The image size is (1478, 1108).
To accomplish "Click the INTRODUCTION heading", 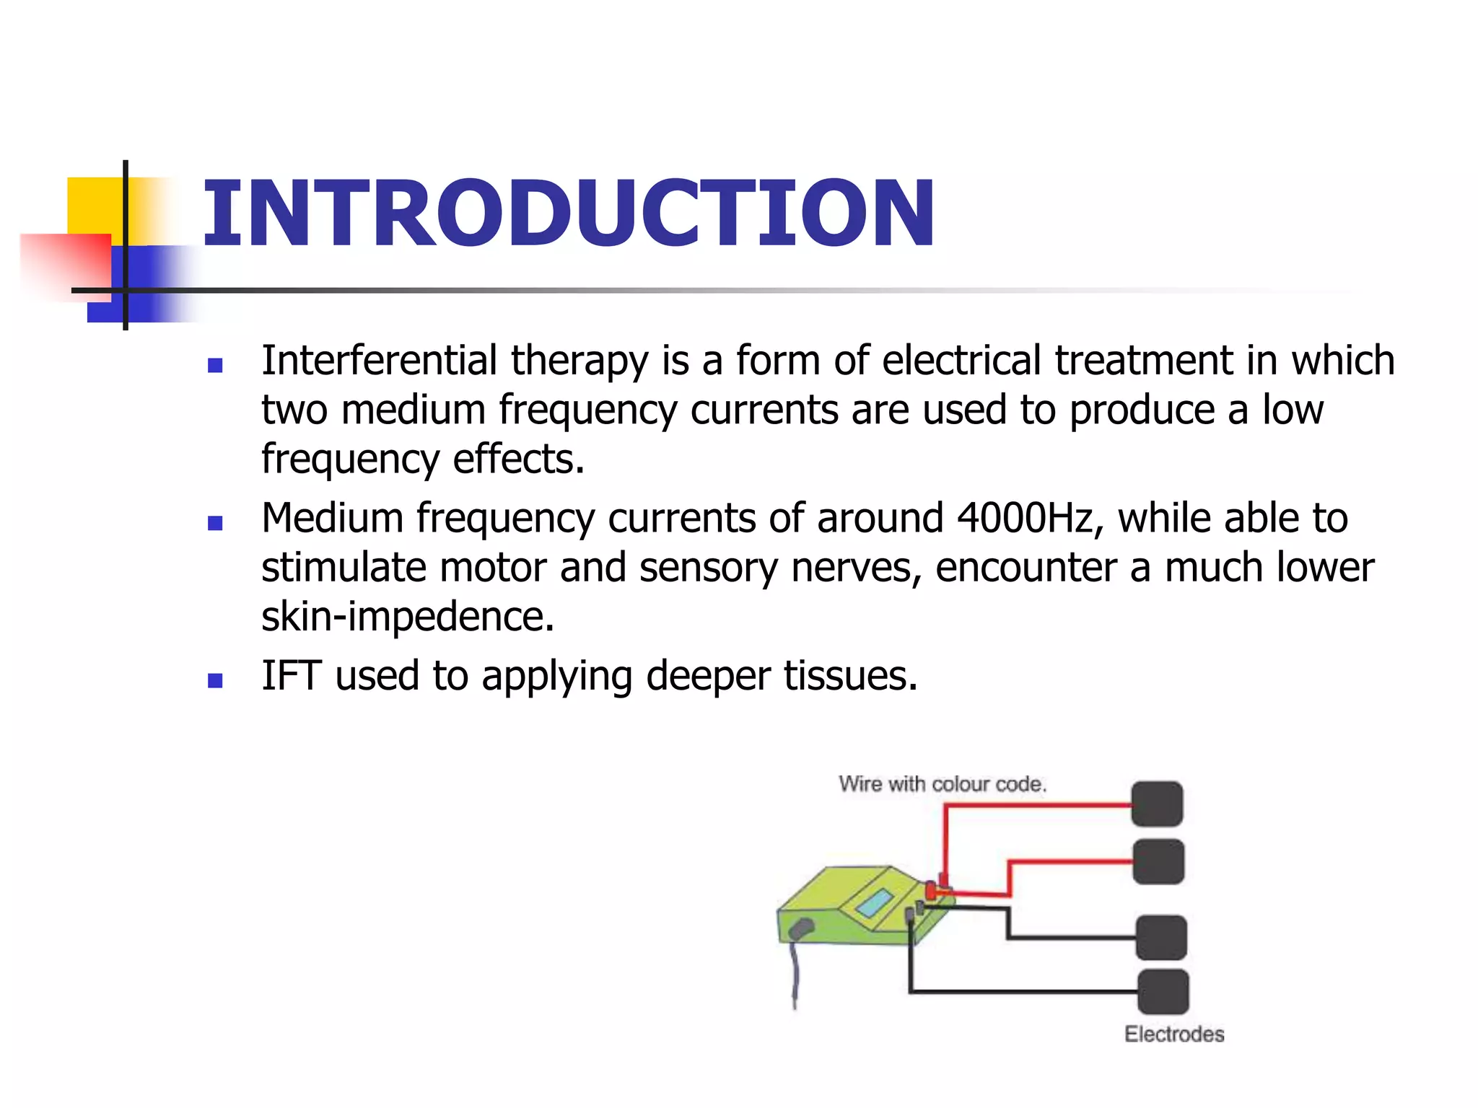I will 568,214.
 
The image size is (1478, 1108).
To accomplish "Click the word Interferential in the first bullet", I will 379,360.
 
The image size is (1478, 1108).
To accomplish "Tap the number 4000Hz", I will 1025,518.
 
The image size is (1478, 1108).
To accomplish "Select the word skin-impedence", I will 407,617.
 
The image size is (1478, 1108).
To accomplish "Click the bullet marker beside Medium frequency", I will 214,523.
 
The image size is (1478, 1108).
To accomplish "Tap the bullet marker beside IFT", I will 214,680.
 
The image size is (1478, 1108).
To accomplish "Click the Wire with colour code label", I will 942,784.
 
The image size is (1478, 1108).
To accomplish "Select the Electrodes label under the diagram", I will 1173,1034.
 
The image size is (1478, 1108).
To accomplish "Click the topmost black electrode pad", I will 1157,804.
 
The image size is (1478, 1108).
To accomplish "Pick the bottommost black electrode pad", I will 1163,992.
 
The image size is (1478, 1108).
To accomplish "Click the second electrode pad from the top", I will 1158,861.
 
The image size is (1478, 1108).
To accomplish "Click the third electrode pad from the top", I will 1161,938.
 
